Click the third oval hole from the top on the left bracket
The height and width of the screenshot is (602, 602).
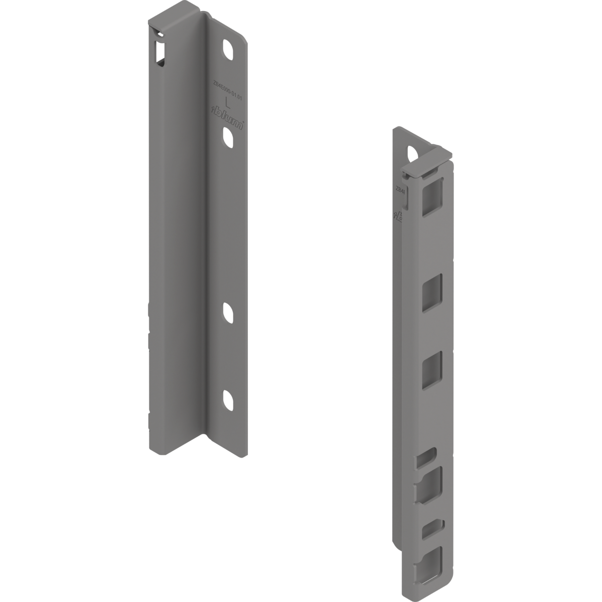(227, 314)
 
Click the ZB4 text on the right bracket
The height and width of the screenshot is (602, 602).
(400, 190)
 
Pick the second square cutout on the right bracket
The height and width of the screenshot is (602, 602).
(432, 293)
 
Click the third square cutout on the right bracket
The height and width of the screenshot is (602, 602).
(432, 370)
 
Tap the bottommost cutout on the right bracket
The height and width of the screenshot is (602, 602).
(431, 565)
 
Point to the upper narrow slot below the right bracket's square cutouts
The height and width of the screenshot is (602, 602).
(425, 459)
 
